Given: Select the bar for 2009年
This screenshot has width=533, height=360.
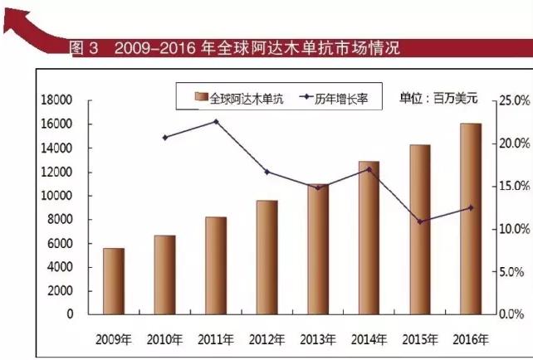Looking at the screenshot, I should click(114, 281).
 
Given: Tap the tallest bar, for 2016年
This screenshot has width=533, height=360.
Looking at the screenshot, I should click(471, 219).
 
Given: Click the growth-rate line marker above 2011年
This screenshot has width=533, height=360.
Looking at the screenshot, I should click(216, 122).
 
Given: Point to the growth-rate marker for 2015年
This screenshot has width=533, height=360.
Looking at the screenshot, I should click(420, 221).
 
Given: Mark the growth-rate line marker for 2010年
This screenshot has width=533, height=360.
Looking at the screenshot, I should click(165, 137).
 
